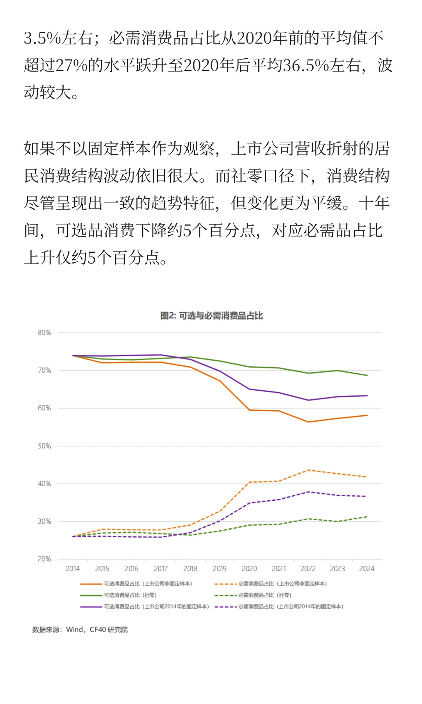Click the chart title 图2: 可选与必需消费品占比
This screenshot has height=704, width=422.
click(211, 316)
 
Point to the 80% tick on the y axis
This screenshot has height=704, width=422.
click(44, 333)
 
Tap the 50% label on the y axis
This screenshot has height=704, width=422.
click(44, 446)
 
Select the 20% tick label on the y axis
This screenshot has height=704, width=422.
click(44, 559)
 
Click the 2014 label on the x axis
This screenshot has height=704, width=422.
click(72, 569)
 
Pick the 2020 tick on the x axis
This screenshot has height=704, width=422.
click(249, 569)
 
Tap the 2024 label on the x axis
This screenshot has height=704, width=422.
click(367, 569)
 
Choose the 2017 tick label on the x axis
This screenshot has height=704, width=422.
click(161, 569)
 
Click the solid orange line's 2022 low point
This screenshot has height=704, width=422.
click(308, 422)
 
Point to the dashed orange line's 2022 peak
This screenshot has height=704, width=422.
click(308, 470)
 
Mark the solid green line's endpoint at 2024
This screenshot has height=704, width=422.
click(367, 375)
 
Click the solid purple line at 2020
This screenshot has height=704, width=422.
click(249, 389)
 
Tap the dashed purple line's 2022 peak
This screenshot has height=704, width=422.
click(308, 492)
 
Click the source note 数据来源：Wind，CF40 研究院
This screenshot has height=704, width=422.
click(80, 630)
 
